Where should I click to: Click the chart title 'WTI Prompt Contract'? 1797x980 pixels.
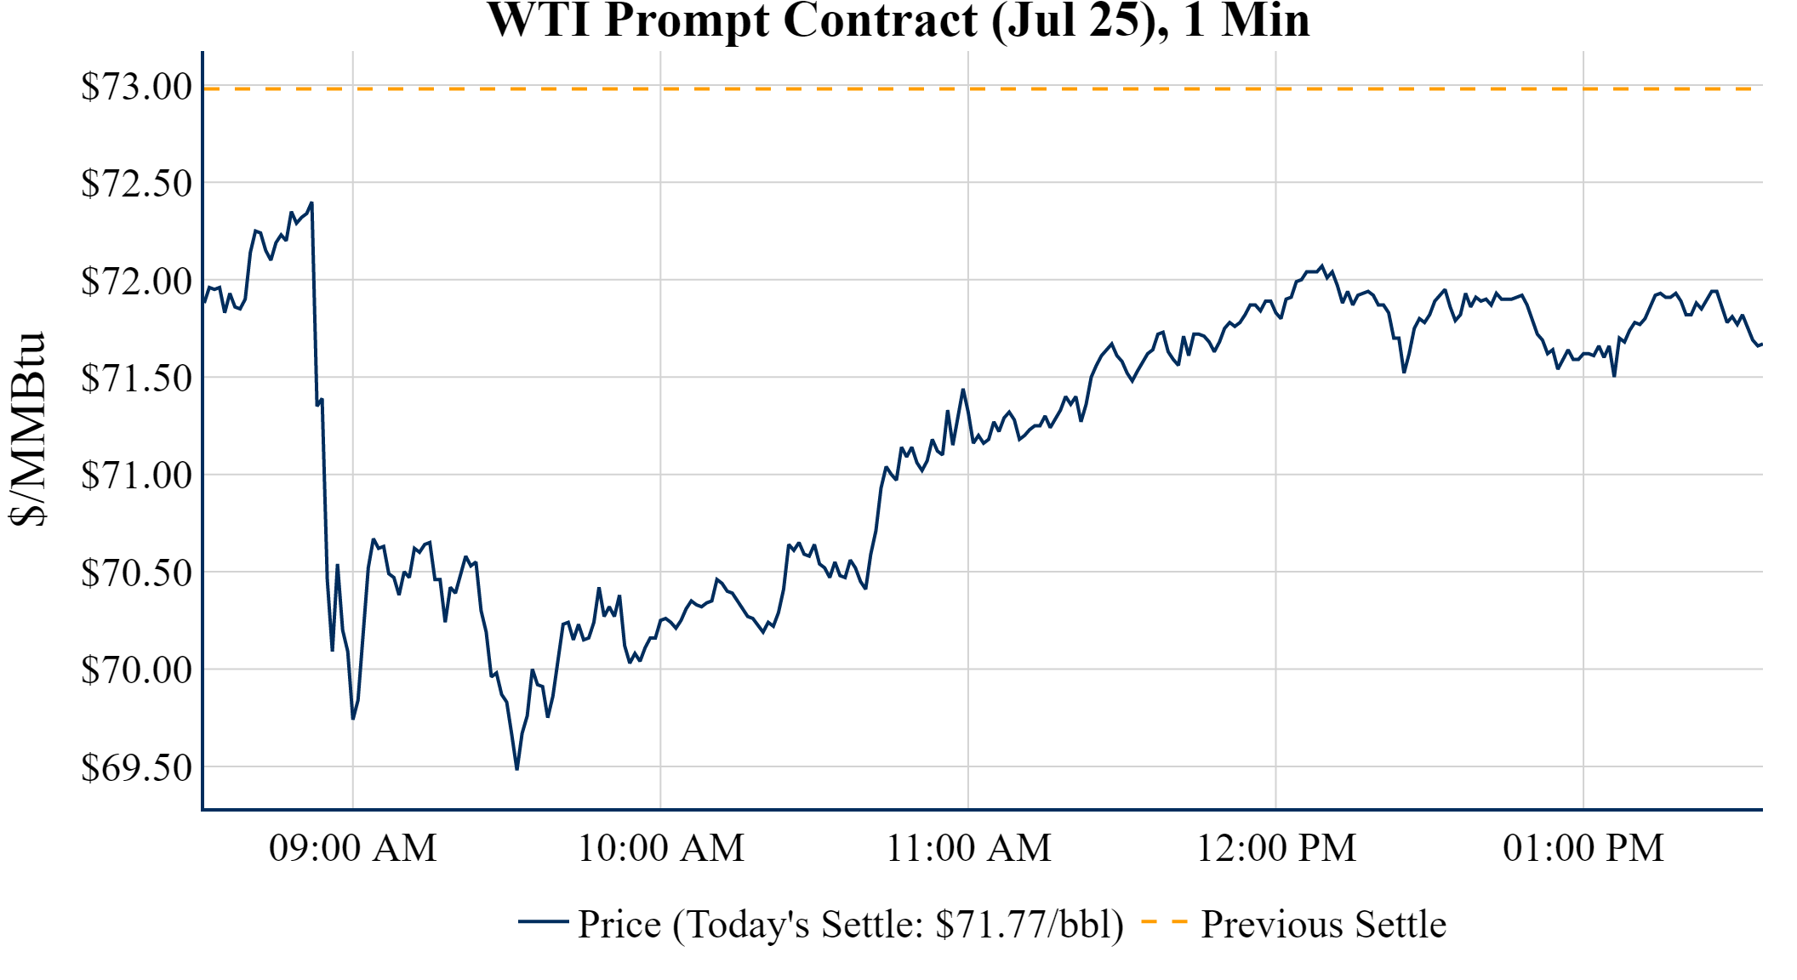point(898,20)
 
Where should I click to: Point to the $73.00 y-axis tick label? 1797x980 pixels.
point(136,87)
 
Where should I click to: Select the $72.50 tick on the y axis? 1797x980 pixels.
point(136,183)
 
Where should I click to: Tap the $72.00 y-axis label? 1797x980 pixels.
point(136,281)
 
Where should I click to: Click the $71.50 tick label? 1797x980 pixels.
point(136,378)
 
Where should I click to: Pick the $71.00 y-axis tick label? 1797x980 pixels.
point(136,475)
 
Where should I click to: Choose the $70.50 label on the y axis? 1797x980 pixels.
point(136,573)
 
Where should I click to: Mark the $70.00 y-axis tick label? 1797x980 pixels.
point(136,669)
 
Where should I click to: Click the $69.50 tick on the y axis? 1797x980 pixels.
point(136,767)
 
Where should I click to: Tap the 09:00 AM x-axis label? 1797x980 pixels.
point(353,848)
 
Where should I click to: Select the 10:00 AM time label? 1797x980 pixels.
point(661,848)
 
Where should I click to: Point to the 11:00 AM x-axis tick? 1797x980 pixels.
point(969,848)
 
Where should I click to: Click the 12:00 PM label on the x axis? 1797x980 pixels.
point(1276,848)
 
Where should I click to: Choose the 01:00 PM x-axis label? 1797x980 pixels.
point(1583,848)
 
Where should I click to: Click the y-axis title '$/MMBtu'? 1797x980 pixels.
point(28,430)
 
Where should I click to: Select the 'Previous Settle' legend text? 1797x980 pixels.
point(1323,925)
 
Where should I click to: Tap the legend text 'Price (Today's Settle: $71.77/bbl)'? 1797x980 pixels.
point(851,925)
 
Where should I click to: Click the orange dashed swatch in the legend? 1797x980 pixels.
point(1164,922)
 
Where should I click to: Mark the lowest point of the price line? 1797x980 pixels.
point(516,769)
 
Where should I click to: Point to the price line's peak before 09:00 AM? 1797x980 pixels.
point(312,203)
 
